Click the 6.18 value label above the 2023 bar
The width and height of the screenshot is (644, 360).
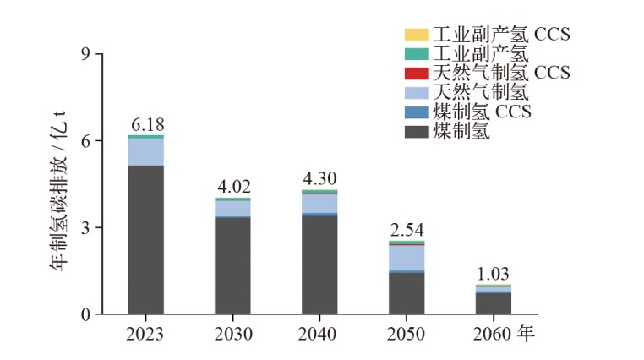[146, 125]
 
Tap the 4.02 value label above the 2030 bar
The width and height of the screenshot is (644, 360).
[232, 188]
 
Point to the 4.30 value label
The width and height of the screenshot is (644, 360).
[319, 180]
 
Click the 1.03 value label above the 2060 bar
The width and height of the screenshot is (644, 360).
[493, 275]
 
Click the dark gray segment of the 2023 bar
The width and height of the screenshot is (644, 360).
[146, 241]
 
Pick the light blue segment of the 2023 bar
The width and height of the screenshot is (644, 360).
[146, 151]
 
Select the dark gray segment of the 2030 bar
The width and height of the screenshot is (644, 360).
[232, 265]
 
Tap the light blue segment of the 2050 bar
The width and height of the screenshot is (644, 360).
[406, 258]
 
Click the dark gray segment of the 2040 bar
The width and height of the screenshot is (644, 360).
[319, 265]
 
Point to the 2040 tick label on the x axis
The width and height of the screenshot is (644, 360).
[319, 334]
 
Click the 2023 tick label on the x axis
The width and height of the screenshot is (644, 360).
[146, 334]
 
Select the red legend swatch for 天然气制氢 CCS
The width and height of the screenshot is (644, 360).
[417, 73]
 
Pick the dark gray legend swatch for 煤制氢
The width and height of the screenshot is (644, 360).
[417, 131]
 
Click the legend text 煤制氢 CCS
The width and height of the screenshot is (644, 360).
[482, 112]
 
